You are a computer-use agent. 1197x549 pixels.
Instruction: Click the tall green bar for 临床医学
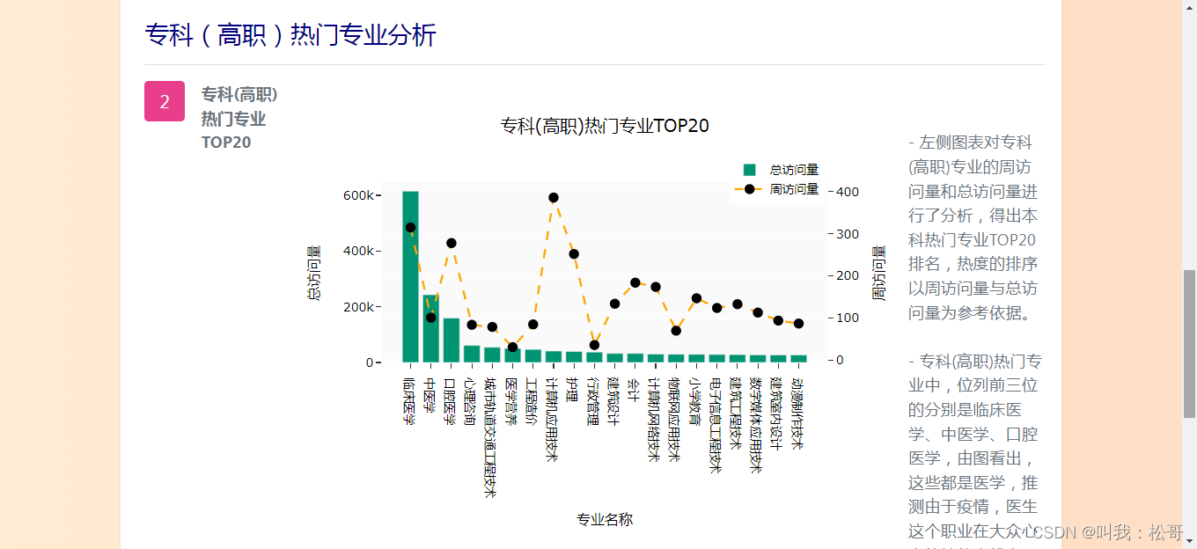(410, 276)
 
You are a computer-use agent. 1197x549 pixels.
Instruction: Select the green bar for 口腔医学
(452, 340)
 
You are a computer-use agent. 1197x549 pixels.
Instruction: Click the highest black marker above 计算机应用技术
(554, 198)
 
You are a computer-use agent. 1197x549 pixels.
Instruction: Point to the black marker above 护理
(574, 254)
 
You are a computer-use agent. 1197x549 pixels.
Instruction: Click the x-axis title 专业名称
(605, 519)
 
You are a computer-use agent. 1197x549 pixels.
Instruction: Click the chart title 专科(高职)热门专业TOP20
(605, 126)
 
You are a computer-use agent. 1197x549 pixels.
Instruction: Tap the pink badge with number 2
(165, 101)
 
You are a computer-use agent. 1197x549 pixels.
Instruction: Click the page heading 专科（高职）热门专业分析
(290, 35)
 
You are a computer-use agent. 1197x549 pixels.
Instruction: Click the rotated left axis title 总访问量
(313, 273)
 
